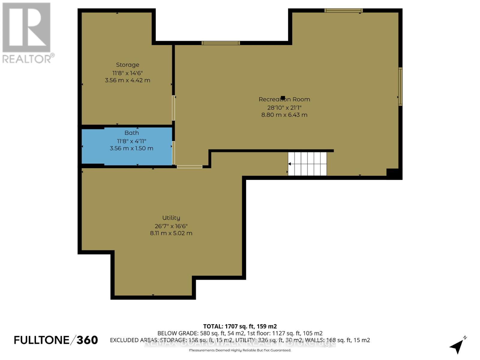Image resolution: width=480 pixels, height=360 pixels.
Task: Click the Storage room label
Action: coord(127,65)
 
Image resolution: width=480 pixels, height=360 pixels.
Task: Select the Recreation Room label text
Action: coord(284,99)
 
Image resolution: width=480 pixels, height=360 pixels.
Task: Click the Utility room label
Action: coord(171,218)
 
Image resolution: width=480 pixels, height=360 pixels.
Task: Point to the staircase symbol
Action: coord(307,164)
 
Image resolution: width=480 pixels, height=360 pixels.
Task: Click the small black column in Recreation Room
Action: coord(283,98)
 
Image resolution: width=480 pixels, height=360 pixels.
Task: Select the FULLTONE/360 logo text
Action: coord(56,340)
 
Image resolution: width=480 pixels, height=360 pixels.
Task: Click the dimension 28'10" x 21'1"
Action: coord(284,107)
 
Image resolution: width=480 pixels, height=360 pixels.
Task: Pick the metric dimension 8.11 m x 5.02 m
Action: coord(171,233)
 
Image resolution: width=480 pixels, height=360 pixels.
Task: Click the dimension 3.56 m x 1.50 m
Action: coord(131,148)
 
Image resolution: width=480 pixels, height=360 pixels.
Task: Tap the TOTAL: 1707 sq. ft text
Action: coord(240,326)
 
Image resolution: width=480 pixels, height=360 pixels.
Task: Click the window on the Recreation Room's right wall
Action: coord(400,86)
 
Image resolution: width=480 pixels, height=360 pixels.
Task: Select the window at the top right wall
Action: coord(343,10)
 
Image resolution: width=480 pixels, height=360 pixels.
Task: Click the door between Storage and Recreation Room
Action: coord(173,108)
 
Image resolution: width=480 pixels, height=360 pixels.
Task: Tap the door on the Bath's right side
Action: coord(173,153)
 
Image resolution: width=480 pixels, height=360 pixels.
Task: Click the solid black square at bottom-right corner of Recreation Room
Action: coord(394,174)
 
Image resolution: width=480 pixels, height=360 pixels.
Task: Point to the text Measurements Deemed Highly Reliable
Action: coord(240,350)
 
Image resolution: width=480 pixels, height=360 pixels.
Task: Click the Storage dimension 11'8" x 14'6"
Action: coord(127,73)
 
